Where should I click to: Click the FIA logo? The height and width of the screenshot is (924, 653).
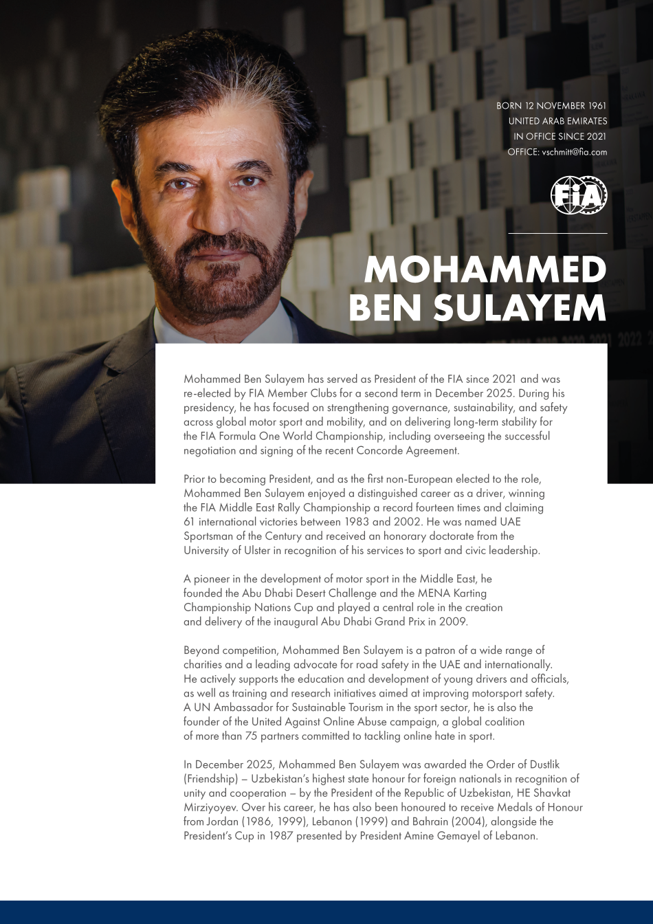click(x=579, y=195)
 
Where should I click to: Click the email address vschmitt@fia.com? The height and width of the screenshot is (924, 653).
click(x=575, y=152)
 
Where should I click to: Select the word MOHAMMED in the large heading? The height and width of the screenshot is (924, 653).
click(x=485, y=269)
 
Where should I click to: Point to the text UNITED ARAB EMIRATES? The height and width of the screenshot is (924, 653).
click(x=557, y=121)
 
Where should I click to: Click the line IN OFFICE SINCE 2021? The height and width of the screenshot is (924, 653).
click(x=560, y=137)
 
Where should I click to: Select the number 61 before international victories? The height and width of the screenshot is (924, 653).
click(x=189, y=522)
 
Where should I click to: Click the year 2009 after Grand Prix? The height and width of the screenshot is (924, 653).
click(x=453, y=621)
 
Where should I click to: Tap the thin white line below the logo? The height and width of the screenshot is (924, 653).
click(x=557, y=234)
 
